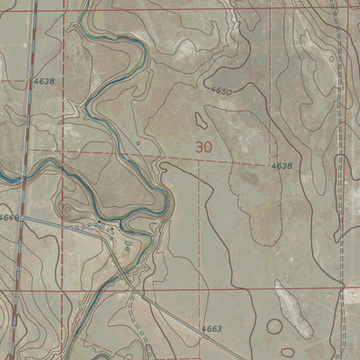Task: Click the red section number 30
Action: pyautogui.click(x=204, y=145)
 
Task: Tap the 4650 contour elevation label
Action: pyautogui.click(x=220, y=92)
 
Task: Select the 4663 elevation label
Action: pyautogui.click(x=211, y=329)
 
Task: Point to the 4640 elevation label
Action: pyautogui.click(x=9, y=218)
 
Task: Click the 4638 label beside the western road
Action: pyautogui.click(x=42, y=81)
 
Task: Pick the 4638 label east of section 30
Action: pyautogui.click(x=280, y=166)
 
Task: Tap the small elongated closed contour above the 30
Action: pyautogui.click(x=200, y=118)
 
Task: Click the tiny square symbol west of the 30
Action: pyautogui.click(x=138, y=141)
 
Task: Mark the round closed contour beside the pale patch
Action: pyautogui.click(x=273, y=326)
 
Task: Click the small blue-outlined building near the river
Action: pyautogui.click(x=128, y=243)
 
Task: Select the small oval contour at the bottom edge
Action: pyautogui.click(x=289, y=353)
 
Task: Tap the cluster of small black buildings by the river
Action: pyautogui.click(x=110, y=231)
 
